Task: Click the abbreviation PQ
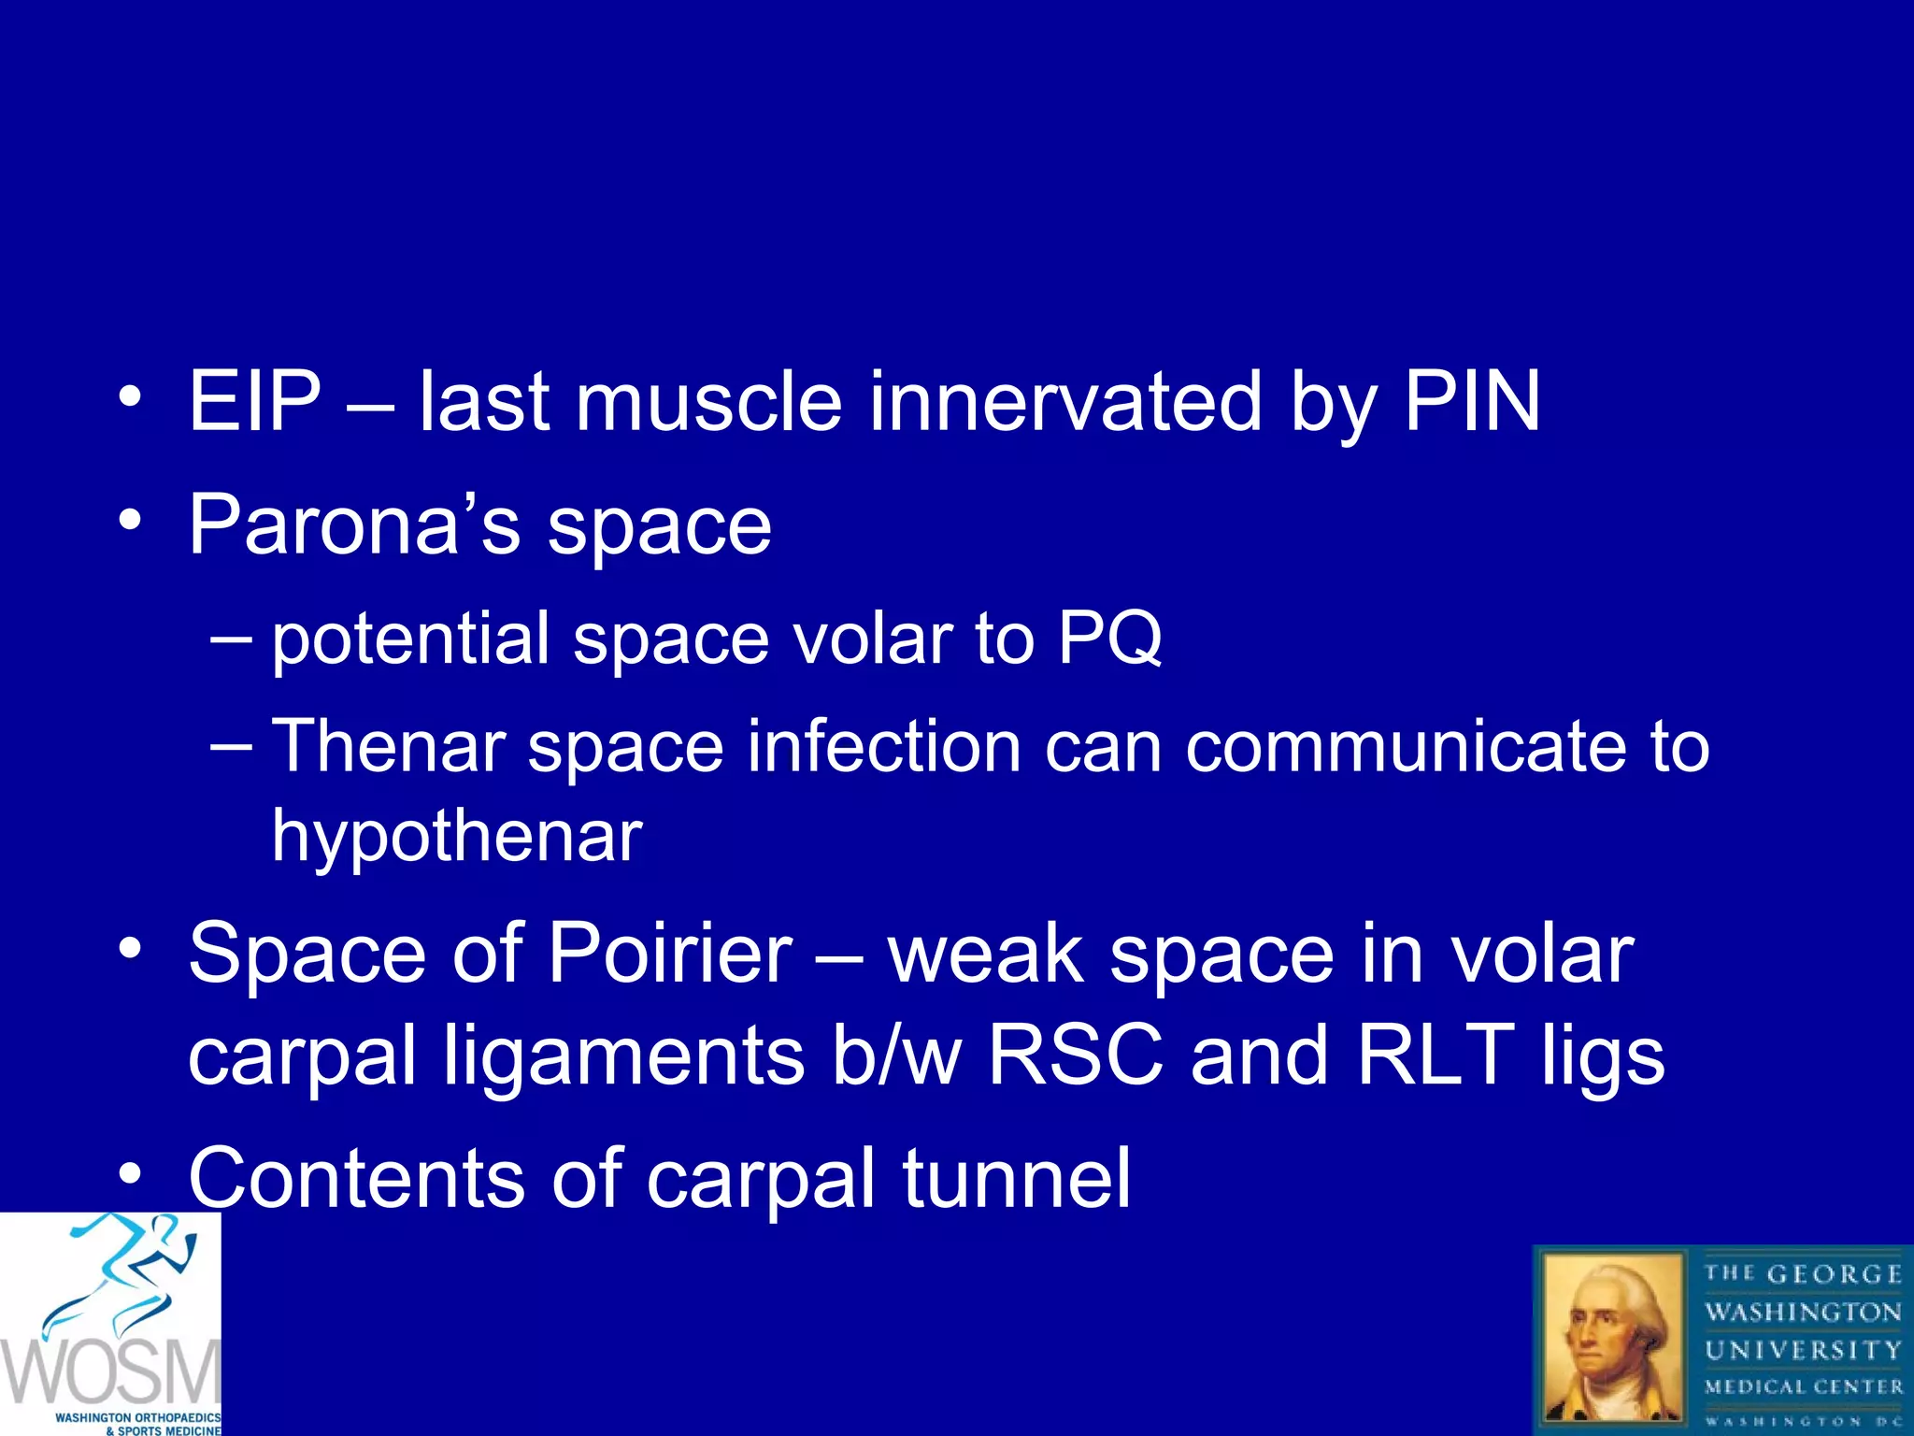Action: [x=1109, y=639]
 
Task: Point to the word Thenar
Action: [x=388, y=746]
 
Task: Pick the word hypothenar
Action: [x=456, y=835]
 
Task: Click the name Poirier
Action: [x=669, y=954]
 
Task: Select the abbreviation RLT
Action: [x=1435, y=1055]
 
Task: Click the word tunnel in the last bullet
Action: [x=1016, y=1178]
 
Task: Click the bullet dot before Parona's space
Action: [x=131, y=520]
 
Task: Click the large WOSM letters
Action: [x=110, y=1371]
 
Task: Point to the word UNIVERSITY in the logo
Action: [x=1803, y=1350]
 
